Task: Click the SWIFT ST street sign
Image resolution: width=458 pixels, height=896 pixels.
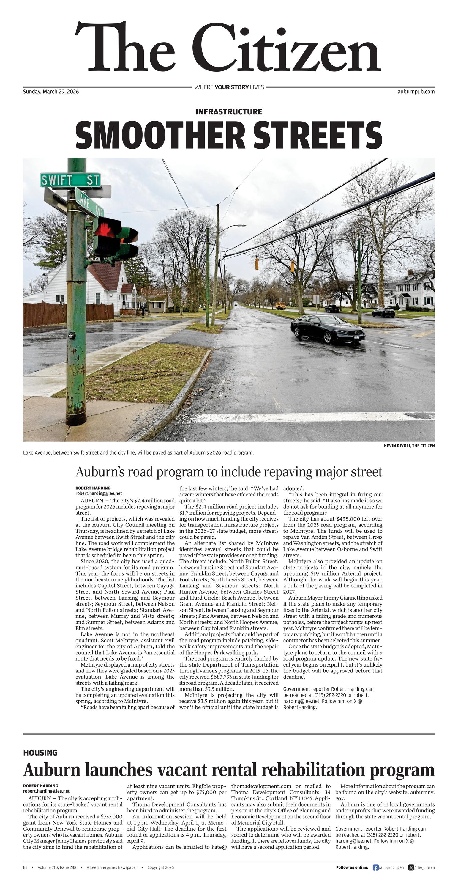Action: point(70,180)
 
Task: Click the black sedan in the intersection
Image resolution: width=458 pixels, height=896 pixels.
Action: point(328,328)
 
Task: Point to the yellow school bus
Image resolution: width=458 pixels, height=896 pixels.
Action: point(280,305)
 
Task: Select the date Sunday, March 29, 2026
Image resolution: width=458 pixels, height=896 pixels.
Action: point(51,92)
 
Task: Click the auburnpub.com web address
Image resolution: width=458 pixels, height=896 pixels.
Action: point(416,92)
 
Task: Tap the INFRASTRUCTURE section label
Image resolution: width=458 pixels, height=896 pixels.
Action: point(229,112)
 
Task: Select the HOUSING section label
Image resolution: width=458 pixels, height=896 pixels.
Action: point(40,753)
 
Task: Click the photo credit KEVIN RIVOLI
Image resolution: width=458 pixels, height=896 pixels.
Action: point(397,446)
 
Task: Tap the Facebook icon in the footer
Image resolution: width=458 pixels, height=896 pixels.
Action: point(375,867)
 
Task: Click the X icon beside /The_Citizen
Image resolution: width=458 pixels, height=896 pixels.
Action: point(411,867)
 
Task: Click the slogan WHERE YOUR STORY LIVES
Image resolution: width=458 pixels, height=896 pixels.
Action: point(229,87)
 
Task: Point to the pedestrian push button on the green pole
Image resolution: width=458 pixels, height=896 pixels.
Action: point(72,336)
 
